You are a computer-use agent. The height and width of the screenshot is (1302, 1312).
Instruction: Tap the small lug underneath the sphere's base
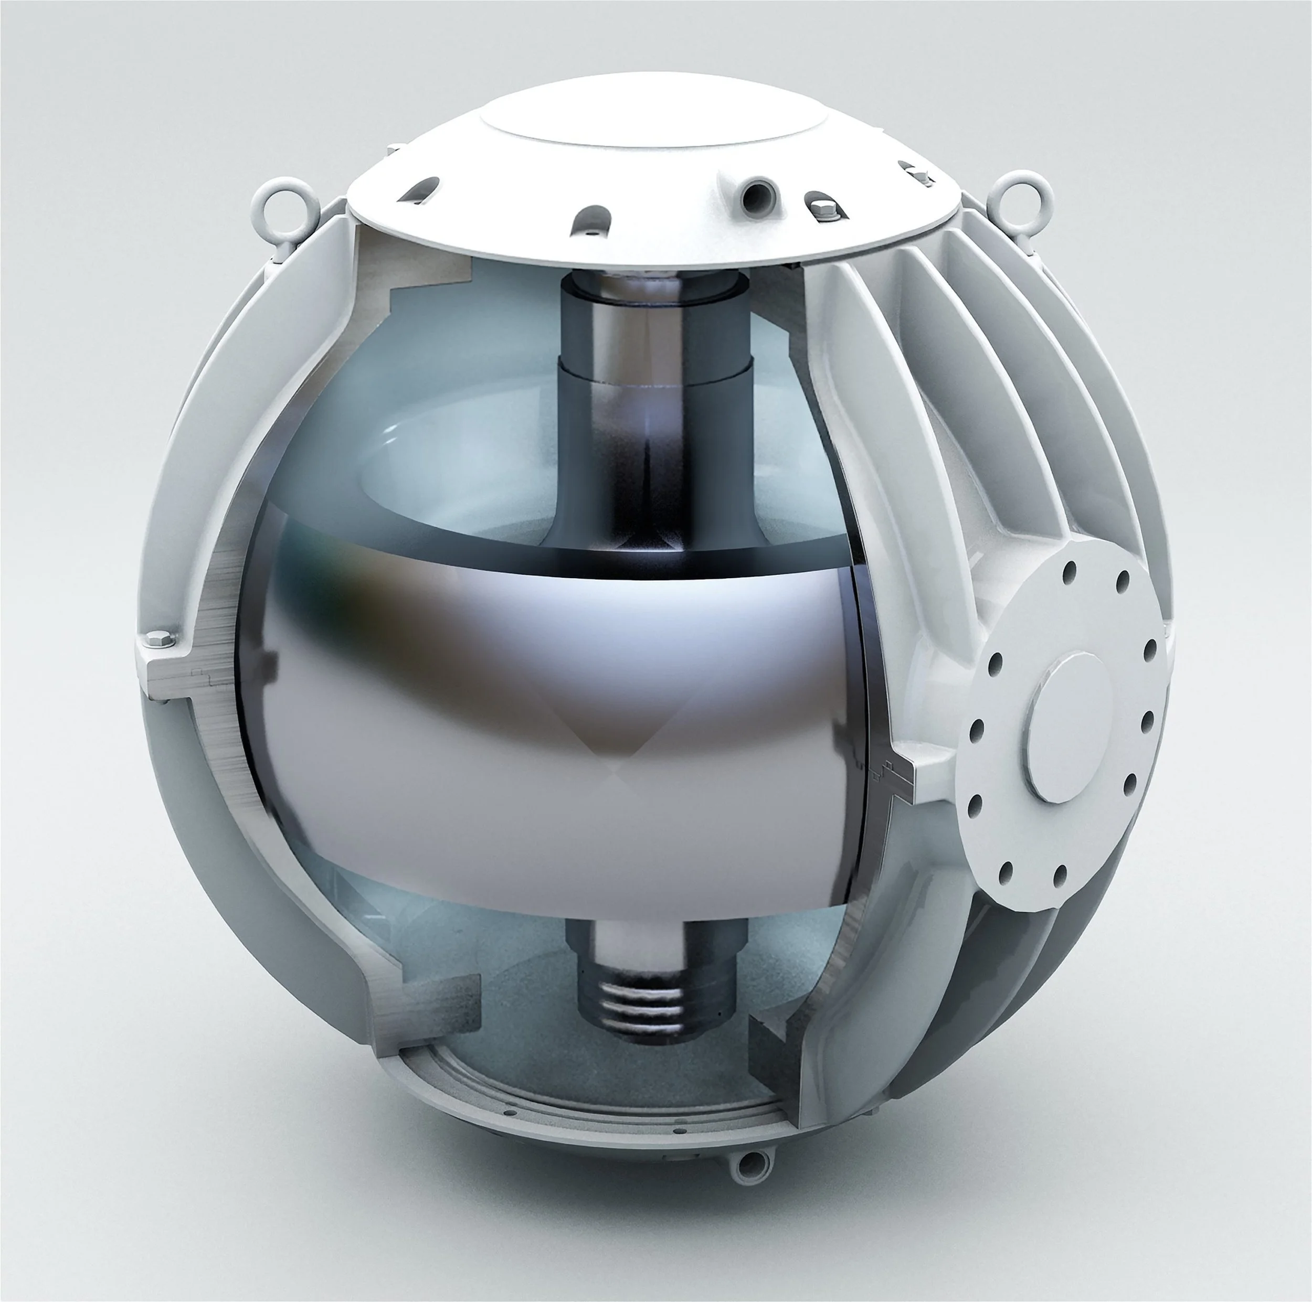(x=752, y=1166)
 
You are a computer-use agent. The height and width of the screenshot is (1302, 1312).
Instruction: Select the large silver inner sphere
(x=543, y=713)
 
